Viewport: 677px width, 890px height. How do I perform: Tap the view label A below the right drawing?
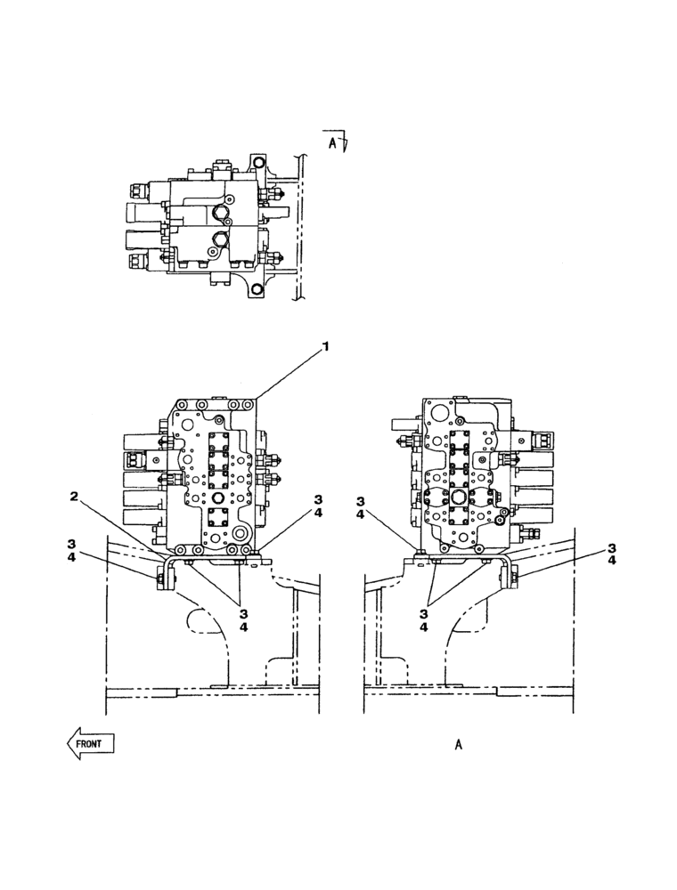pos(458,745)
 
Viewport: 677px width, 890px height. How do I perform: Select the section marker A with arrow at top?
pos(337,142)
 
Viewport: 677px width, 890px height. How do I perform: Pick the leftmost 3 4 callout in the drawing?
pos(71,550)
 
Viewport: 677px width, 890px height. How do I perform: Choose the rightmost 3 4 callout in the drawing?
pos(613,554)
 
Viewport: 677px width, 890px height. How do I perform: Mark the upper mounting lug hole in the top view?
pos(258,162)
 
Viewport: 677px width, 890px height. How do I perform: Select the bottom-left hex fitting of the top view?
pos(140,261)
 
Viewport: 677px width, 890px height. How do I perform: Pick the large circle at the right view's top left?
pos(437,414)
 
